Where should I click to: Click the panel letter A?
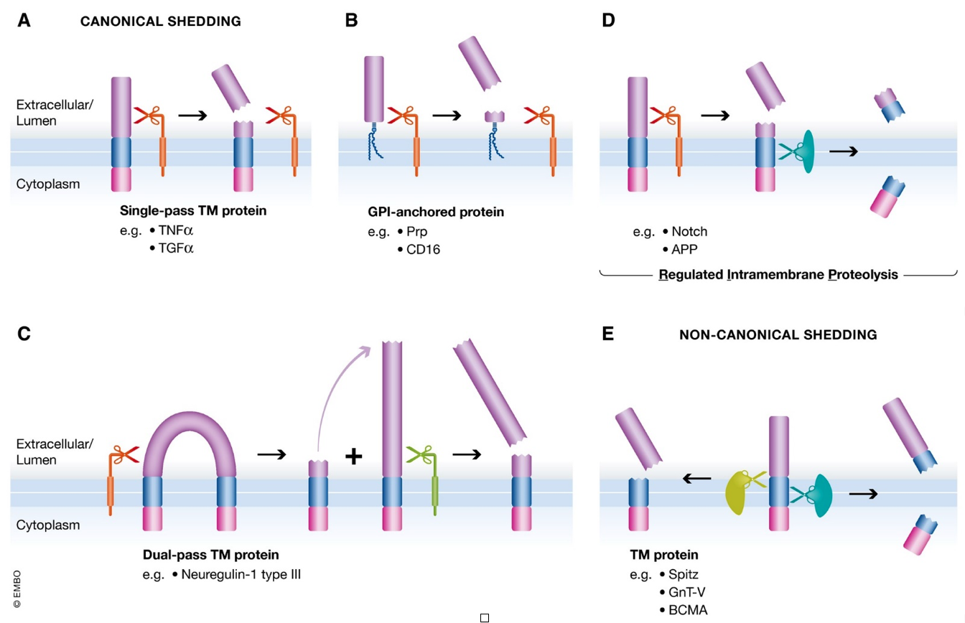24,20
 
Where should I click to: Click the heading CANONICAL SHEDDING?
161,21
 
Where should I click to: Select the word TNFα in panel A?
176,230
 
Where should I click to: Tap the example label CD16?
423,249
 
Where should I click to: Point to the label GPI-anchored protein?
436,212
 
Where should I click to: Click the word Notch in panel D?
689,231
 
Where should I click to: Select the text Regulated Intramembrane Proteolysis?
778,275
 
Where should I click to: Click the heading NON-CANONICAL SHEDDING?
778,334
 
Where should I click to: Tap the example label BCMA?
688,610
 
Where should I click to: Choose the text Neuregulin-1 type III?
241,574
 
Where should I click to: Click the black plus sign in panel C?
354,456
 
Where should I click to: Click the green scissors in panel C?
421,454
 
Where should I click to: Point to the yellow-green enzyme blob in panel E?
737,493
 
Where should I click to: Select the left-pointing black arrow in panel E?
696,478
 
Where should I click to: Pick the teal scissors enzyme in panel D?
798,151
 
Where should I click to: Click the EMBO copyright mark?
17,589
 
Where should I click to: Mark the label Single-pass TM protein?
193,210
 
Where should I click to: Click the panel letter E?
608,334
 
